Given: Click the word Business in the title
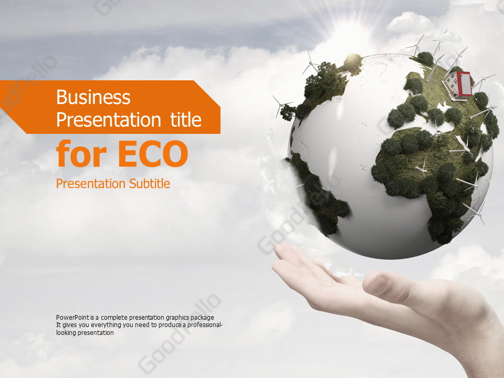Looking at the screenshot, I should [x=93, y=97].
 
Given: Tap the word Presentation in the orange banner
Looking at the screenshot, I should [x=109, y=120].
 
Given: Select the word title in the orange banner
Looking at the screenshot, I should [x=185, y=120].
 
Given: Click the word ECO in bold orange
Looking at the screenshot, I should [x=152, y=154].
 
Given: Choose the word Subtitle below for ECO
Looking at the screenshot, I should [x=149, y=184].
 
